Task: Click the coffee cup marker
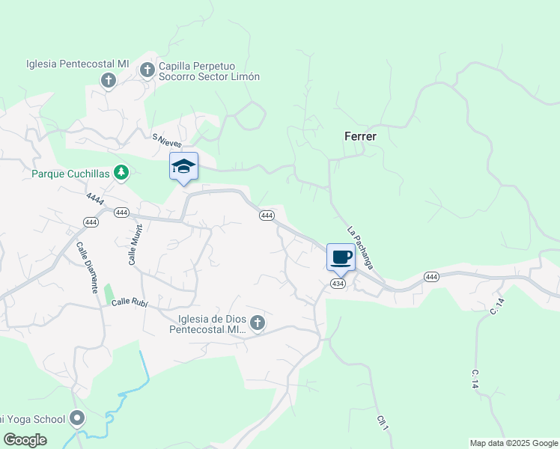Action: (x=341, y=257)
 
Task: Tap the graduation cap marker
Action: (x=183, y=166)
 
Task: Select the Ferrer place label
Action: (x=360, y=137)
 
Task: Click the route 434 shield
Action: (x=338, y=284)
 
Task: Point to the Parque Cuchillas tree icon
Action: (x=121, y=174)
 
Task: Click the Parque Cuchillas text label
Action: (x=70, y=174)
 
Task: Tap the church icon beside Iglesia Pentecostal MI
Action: (x=109, y=80)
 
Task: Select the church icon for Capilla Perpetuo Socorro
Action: (x=147, y=70)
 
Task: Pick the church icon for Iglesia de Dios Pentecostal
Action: (x=257, y=323)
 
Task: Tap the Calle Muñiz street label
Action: (x=135, y=244)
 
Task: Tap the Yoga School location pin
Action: (x=77, y=418)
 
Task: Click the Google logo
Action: (x=25, y=440)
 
